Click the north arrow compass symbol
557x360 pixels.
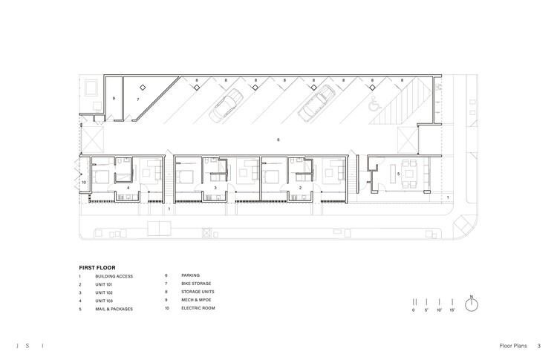[x=472, y=304]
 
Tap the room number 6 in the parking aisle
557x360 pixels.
[x=278, y=139]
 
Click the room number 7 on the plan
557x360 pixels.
[x=137, y=99]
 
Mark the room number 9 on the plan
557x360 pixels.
[x=114, y=99]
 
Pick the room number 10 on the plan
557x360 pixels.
[x=85, y=181]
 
